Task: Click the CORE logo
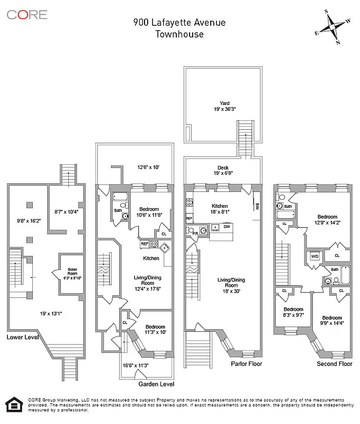click(x=27, y=14)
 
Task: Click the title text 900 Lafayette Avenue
click(x=179, y=22)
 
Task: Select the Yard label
click(x=224, y=103)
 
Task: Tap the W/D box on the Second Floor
click(x=314, y=256)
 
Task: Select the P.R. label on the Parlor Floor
click(x=195, y=233)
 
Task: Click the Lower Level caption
click(x=23, y=337)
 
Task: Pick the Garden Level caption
click(x=156, y=384)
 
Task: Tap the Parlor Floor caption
click(x=246, y=364)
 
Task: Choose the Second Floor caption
click(x=334, y=364)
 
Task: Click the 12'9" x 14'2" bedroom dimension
click(x=327, y=223)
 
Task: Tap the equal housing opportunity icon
click(x=11, y=404)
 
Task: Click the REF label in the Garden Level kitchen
click(x=144, y=244)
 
